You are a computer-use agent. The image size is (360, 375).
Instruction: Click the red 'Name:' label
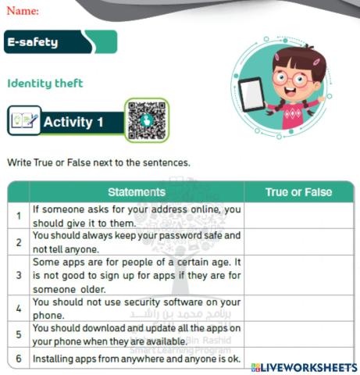point(23,11)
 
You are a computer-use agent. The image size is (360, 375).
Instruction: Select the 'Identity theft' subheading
point(45,83)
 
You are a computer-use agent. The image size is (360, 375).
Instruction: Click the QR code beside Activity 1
point(146,120)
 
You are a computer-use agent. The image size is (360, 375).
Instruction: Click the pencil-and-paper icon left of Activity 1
point(23,122)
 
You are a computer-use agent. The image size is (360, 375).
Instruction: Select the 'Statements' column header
point(136,192)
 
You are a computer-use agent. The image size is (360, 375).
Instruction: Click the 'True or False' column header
point(298,192)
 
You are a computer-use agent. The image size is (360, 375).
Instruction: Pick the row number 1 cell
point(18,216)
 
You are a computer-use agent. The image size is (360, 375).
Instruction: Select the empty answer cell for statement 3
point(298,275)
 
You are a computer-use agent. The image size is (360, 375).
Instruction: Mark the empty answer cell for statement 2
point(298,241)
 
